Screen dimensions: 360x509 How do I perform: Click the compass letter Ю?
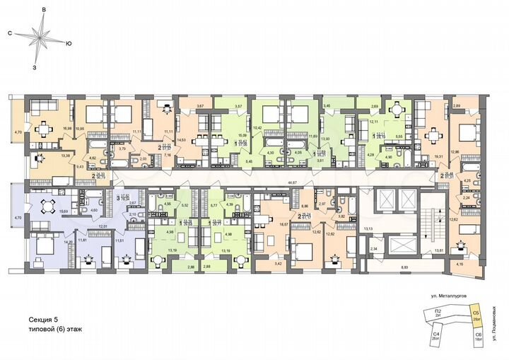pyautogui.click(x=68, y=44)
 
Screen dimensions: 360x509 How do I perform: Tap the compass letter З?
pyautogui.click(x=34, y=68)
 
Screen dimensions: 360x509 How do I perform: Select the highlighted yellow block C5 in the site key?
pyautogui.click(x=476, y=313)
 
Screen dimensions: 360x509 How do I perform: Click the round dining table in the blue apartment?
pyautogui.click(x=49, y=207)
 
